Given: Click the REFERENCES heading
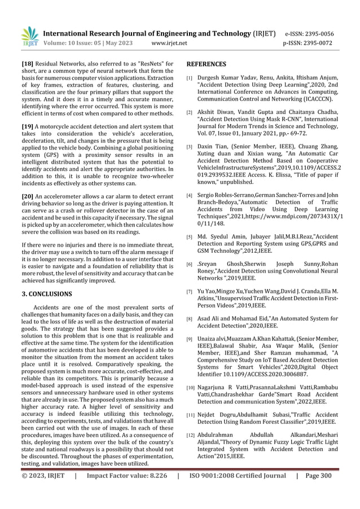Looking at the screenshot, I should (207, 65).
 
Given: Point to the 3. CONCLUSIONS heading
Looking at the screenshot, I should (46, 294).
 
